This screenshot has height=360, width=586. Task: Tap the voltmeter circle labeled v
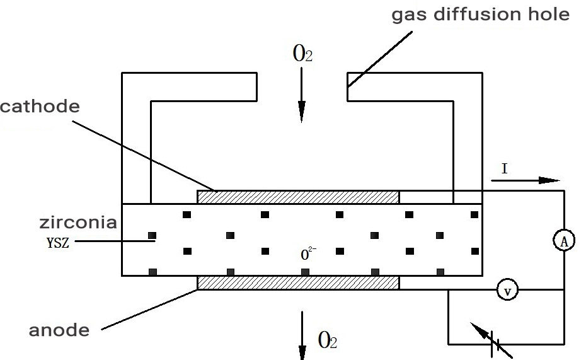pyautogui.click(x=506, y=289)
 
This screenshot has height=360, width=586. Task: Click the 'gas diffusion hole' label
pyautogui.click(x=481, y=14)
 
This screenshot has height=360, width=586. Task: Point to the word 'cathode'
pyautogui.click(x=40, y=106)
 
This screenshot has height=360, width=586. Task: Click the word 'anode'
pyautogui.click(x=59, y=329)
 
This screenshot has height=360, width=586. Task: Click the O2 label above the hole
pyautogui.click(x=302, y=54)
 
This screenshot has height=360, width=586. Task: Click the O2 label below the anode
pyautogui.click(x=328, y=341)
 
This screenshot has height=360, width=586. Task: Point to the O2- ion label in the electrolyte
pyautogui.click(x=308, y=255)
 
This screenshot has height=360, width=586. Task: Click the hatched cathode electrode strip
pyautogui.click(x=298, y=197)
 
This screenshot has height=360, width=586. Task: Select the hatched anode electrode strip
pyautogui.click(x=298, y=282)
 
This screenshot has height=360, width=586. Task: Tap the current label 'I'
pyautogui.click(x=504, y=168)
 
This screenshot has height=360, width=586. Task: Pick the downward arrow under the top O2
pyautogui.click(x=302, y=95)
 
